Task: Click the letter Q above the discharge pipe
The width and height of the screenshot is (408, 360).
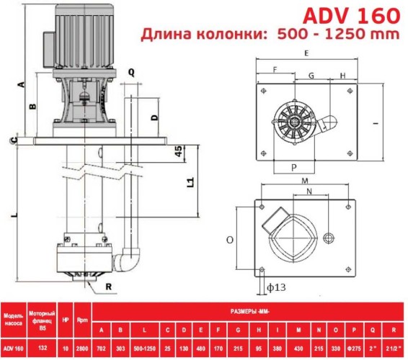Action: [x=131, y=73]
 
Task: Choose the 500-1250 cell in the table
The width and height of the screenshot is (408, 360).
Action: [x=146, y=347]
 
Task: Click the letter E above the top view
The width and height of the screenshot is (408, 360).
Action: [x=306, y=54]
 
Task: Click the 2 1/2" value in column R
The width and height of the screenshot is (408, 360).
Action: [x=393, y=347]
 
